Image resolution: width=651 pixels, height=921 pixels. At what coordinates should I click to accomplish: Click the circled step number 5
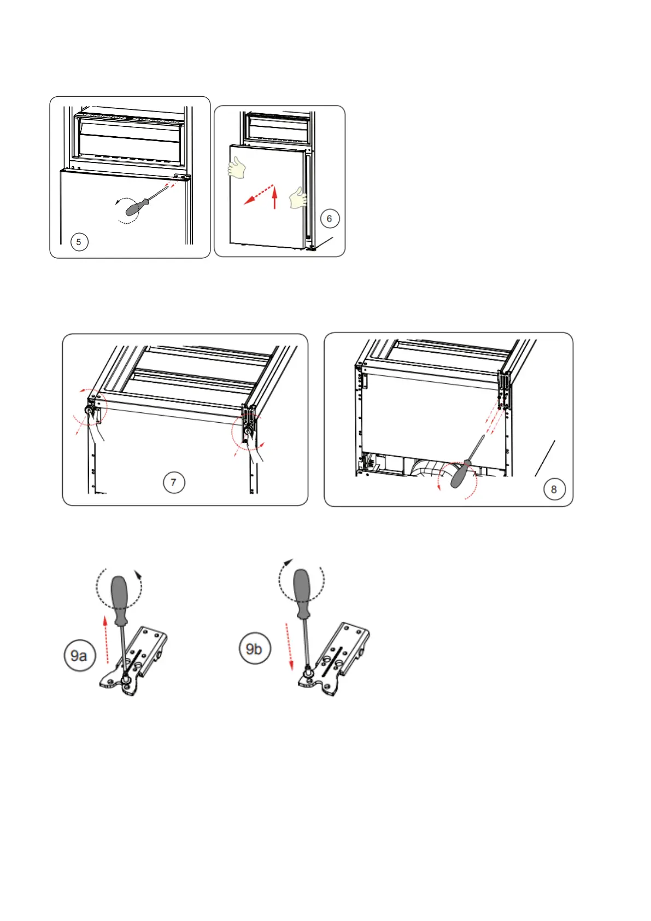tap(79, 242)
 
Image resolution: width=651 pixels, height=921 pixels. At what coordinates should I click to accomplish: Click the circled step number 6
tap(329, 219)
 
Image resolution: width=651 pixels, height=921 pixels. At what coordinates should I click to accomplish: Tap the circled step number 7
tap(174, 482)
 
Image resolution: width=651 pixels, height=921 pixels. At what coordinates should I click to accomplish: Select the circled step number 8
tap(554, 489)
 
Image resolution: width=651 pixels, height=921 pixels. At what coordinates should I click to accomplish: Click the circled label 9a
tap(80, 655)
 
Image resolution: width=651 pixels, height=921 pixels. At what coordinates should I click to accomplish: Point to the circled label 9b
tap(254, 649)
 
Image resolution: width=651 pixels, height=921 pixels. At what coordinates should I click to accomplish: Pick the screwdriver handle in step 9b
tap(302, 588)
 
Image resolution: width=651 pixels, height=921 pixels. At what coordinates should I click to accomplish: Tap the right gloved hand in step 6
tap(299, 197)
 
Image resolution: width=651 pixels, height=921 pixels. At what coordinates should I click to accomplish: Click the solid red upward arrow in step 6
tap(275, 198)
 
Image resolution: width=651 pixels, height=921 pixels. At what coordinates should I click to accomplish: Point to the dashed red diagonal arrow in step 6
tap(258, 194)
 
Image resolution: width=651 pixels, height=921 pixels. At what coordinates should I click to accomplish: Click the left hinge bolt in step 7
tap(88, 410)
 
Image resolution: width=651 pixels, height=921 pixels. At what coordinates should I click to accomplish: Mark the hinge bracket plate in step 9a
tap(140, 662)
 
